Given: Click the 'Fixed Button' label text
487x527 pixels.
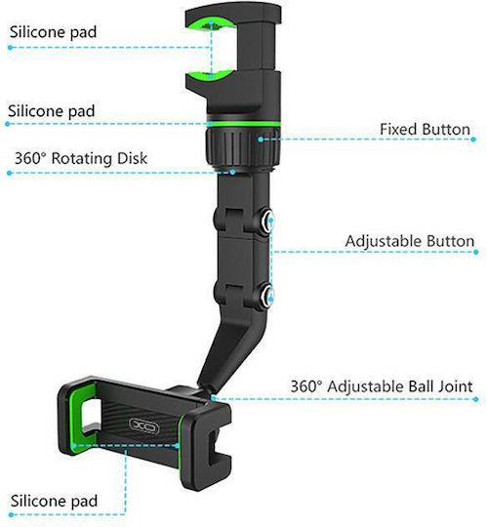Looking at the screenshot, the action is pos(425,130).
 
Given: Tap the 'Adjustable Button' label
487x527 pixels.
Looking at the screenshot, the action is pos(410,241).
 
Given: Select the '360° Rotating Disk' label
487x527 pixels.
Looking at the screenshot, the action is pos(81,158).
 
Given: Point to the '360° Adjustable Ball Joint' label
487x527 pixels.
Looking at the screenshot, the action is pos(382,386).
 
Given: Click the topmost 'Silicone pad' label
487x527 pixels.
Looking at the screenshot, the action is pos(53,32).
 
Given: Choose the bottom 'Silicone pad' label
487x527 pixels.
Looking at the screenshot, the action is pos(54,501).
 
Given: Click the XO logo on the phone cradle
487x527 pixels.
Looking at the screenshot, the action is pos(143,426).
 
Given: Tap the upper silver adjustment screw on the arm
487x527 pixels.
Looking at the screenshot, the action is pos(267,221).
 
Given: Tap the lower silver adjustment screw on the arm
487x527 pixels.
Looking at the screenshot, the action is pos(267,296).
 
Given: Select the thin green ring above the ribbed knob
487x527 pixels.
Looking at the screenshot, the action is pos(243,124).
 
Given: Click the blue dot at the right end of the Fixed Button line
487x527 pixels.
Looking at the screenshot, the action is pos(473,140).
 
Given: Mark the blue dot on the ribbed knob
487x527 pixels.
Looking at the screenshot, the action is pos(261,140).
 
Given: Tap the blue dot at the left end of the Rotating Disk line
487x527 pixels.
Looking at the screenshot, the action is pos(9,173).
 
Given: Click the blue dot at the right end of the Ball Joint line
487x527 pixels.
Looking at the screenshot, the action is pos(475,399).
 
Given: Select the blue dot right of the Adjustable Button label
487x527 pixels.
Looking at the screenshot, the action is pos(476,252).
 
